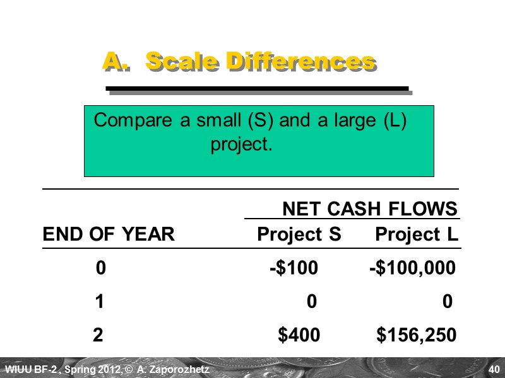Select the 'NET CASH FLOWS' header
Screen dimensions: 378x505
click(369, 209)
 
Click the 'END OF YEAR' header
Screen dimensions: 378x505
click(108, 235)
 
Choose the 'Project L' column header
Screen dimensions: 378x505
click(416, 235)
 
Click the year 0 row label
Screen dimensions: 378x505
click(100, 269)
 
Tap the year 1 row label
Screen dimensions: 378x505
click(99, 302)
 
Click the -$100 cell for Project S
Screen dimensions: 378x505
click(294, 269)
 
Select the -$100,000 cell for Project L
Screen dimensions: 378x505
click(412, 269)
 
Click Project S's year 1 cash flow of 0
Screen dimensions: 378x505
click(311, 302)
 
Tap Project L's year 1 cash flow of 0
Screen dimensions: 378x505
click(447, 302)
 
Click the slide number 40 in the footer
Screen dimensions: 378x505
click(494, 369)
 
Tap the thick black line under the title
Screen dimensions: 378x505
click(258, 88)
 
